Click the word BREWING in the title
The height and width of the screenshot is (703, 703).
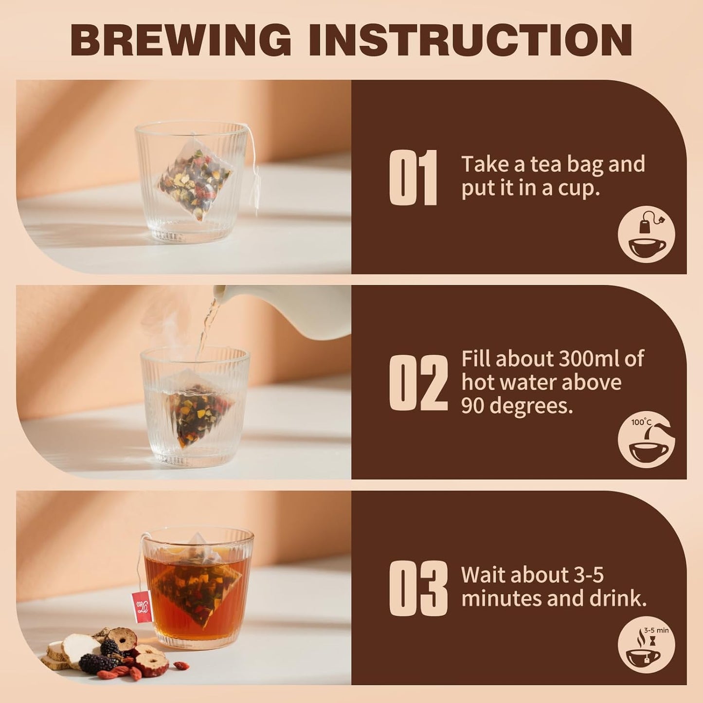pyautogui.click(x=181, y=40)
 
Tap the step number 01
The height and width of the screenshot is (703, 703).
pyautogui.click(x=413, y=178)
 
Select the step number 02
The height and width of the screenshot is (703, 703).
pyautogui.click(x=418, y=383)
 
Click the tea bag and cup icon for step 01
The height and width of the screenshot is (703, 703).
pyautogui.click(x=646, y=234)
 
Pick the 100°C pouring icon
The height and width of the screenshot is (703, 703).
pyautogui.click(x=646, y=440)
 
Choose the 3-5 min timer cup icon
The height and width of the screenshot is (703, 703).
pyautogui.click(x=646, y=645)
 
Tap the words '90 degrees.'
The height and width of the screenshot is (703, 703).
pyautogui.click(x=517, y=406)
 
